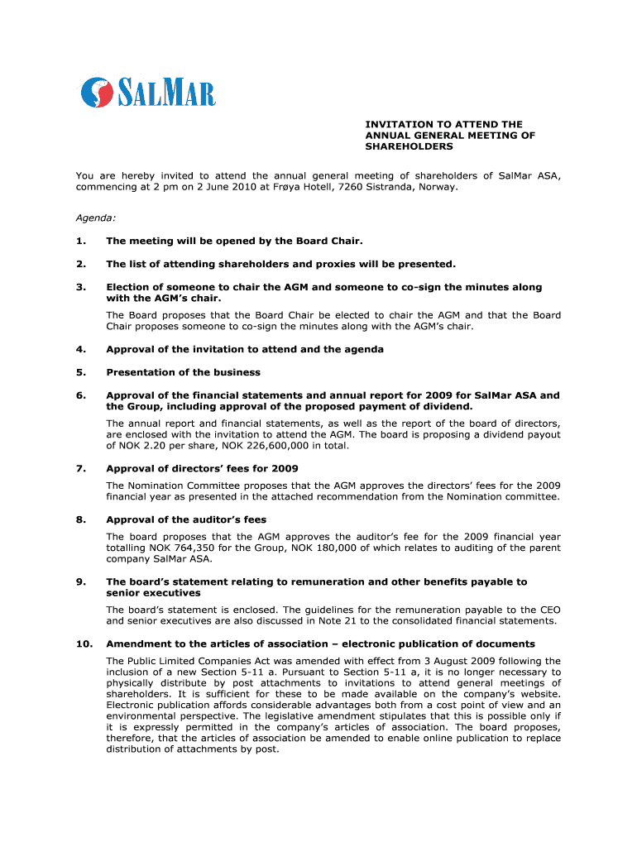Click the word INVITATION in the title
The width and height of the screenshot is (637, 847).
pos(400,124)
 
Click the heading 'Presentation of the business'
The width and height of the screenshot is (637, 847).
pos(184,372)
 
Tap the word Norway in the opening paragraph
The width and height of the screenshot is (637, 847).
pos(435,188)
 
